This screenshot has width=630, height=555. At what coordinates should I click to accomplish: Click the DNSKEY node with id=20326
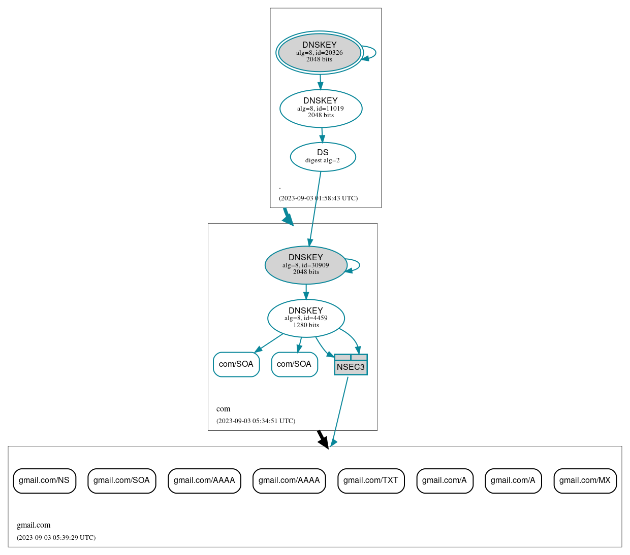click(319, 52)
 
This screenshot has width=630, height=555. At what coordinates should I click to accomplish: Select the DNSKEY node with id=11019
click(321, 108)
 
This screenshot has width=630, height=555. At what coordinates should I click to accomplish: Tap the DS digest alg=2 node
click(323, 157)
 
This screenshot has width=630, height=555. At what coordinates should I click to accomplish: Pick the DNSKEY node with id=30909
click(306, 265)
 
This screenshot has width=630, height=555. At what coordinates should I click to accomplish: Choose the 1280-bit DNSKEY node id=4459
click(306, 318)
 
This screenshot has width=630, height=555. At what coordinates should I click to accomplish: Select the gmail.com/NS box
click(44, 480)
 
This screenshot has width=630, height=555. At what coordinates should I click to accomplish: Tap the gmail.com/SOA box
click(121, 480)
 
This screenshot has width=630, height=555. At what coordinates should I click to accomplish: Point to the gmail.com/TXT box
click(371, 480)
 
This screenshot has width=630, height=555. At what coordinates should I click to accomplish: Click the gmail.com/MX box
click(585, 480)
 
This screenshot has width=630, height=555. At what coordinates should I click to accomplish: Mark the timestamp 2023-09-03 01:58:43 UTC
click(318, 198)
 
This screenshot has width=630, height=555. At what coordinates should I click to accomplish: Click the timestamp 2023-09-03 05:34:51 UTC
click(256, 421)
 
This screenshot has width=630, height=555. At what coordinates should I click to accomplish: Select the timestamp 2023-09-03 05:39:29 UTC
click(56, 538)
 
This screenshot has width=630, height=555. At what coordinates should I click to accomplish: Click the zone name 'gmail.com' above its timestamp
click(34, 525)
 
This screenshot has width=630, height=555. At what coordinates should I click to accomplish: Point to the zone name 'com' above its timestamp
click(223, 409)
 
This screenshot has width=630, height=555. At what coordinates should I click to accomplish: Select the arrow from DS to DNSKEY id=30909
click(314, 208)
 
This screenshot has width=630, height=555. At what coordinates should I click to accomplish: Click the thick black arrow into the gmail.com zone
click(322, 439)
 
